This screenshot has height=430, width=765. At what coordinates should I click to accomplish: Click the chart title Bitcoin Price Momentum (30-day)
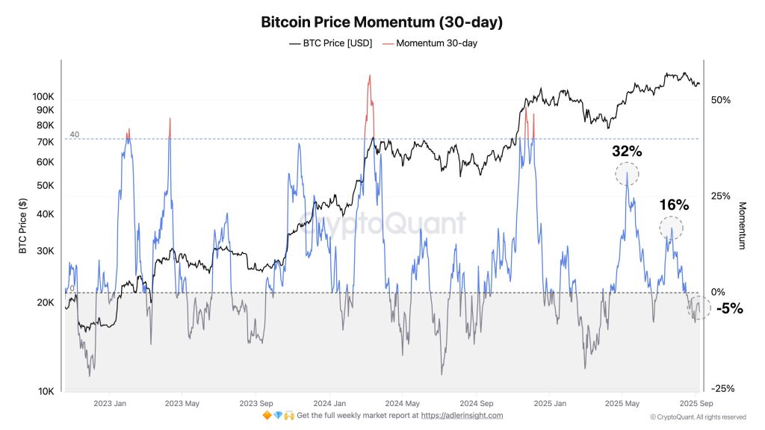382,22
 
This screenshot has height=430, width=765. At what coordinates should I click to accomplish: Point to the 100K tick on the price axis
43,97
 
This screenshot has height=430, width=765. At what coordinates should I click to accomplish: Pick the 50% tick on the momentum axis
720,100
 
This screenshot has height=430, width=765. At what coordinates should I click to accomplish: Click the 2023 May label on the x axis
182,403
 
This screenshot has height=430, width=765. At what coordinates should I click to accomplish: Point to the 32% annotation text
627,152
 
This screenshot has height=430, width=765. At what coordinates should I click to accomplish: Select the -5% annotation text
728,308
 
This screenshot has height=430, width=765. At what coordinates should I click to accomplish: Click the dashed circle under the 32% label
627,174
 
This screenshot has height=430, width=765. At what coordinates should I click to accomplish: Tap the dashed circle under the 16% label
671,227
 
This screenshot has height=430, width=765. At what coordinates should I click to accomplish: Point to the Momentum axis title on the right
743,225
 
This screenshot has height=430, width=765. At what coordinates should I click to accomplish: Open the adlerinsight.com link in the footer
462,415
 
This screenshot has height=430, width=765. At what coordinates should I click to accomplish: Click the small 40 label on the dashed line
75,134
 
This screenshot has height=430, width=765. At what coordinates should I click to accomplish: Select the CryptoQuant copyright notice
698,417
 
